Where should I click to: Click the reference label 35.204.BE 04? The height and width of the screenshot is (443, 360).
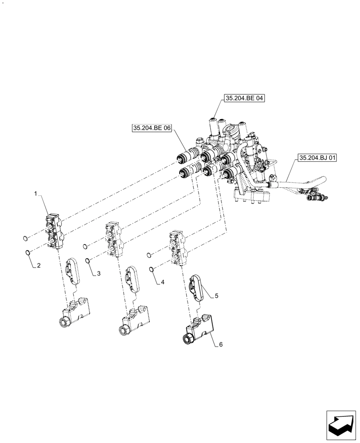pos(244,99)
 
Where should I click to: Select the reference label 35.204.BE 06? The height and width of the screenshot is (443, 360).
pos(152,128)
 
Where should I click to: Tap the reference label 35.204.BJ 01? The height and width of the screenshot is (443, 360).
pos(317,157)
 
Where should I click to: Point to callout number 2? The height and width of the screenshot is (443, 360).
pos(39,266)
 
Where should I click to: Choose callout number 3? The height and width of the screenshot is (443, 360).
pos(98,274)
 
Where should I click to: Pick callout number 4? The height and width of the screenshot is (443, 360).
pos(162,282)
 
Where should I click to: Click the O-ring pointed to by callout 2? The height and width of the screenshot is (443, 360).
pos(27,253)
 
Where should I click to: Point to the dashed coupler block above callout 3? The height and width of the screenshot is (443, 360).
pos(113,239)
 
